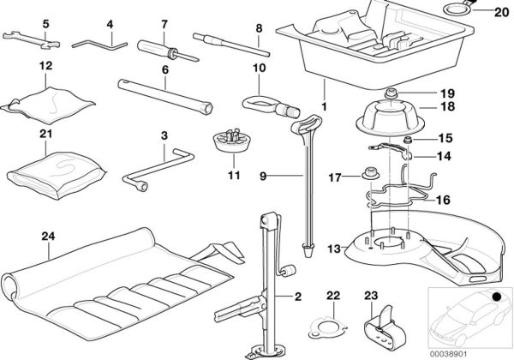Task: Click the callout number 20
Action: coord(501,12)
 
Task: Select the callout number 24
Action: coord(50,230)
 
